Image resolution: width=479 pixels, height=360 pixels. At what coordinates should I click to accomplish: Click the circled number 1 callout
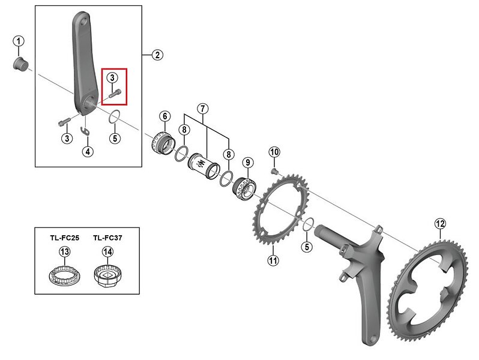coord(19,41)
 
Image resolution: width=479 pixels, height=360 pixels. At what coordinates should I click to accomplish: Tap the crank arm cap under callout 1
coord(21,64)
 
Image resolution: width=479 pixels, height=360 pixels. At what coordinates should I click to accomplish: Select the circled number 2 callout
coord(157,55)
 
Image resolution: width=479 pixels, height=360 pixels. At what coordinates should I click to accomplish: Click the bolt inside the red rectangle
coord(115,93)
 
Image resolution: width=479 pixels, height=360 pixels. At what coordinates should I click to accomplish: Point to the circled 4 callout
coord(88,151)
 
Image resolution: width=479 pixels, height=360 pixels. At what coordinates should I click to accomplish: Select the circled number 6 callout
coord(165,116)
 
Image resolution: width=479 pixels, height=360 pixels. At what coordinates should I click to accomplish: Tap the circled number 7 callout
coord(202,109)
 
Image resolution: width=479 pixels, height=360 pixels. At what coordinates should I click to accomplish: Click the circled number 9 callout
coord(248,163)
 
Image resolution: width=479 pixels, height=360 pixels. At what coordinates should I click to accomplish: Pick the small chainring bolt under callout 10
coord(275,172)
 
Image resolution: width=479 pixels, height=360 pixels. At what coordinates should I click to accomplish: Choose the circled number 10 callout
coord(274,152)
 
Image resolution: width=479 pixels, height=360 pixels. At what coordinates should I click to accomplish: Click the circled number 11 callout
coord(273,260)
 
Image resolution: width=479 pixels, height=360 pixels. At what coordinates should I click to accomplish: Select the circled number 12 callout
coord(440,224)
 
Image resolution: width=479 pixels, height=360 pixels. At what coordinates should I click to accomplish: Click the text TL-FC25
coord(64,238)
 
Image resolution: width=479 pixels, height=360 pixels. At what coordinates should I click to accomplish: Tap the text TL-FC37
coord(107,238)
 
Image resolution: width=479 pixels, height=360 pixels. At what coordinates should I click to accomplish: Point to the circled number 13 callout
coord(64,252)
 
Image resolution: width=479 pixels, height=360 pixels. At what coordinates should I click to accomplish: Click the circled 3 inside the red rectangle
coord(112,77)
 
